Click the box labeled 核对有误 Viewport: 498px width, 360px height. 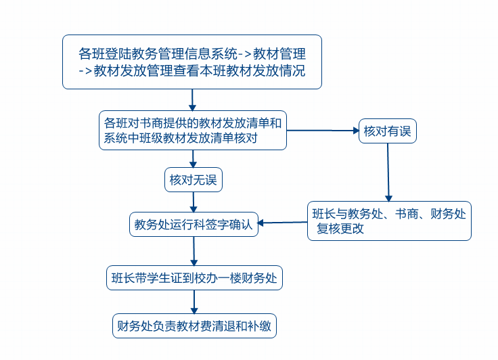(388, 131)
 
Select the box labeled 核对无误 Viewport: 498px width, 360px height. (194, 180)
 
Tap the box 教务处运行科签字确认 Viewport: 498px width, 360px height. (194, 225)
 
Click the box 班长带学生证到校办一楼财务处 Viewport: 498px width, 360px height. (194, 278)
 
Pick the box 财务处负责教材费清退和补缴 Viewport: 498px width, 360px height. (194, 326)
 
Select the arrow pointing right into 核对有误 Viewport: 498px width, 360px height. (323, 131)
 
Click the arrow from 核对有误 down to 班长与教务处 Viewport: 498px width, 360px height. (388, 172)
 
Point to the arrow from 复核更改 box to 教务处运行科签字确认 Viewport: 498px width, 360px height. (283, 223)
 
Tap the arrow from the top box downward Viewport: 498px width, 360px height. (192, 99)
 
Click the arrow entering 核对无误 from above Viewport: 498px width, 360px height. (193, 159)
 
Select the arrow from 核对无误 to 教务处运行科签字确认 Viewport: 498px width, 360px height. (194, 202)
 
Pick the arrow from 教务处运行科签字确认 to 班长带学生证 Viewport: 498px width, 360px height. (194, 251)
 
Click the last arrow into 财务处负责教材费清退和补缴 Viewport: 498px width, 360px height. (194, 302)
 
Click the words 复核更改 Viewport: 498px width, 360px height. (340, 229)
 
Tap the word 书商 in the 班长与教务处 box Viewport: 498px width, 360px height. (407, 214)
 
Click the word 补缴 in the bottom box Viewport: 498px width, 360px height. (259, 326)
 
